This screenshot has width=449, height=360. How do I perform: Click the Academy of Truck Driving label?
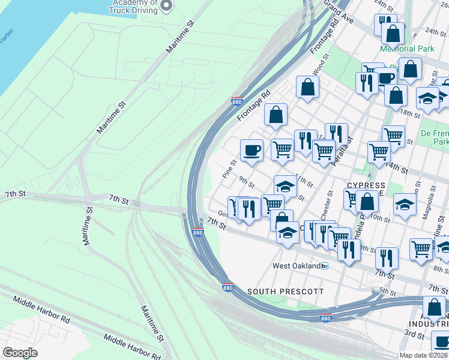pos(133,7)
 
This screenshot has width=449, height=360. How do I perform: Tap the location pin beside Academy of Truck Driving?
pos(168,6)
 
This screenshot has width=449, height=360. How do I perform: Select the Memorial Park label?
pos(406,49)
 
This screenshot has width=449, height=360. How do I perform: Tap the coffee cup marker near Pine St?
pos(252,150)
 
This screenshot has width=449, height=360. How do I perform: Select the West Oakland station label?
pos(296,266)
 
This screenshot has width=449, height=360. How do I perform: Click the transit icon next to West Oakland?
pos(325,266)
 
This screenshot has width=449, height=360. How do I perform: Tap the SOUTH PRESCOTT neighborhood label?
pos(286,292)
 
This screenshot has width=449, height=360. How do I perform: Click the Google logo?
pos(20,352)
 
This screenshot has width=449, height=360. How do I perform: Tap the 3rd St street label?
pos(415,333)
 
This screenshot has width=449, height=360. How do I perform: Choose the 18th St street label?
pos(411,113)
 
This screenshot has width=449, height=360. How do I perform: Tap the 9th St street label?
pos(247,181)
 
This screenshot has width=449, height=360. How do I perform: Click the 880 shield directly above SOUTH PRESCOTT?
pos(227,287)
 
